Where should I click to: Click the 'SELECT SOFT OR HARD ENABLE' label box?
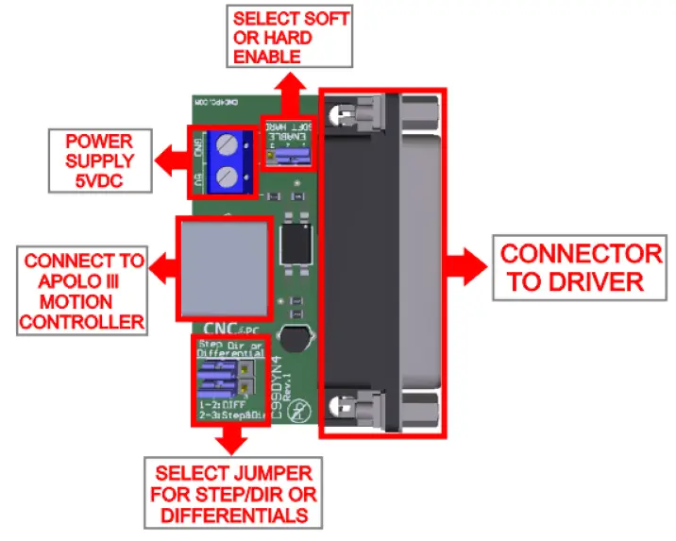coord(291,37)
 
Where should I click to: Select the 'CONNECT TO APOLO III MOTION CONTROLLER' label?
coord(84,292)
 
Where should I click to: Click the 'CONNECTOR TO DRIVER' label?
coord(581,267)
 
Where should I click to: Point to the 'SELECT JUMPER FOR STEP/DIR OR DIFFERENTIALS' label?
coord(233,492)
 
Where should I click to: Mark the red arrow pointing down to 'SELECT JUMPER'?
coord(229,439)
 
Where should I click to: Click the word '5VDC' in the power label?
coord(99,179)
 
